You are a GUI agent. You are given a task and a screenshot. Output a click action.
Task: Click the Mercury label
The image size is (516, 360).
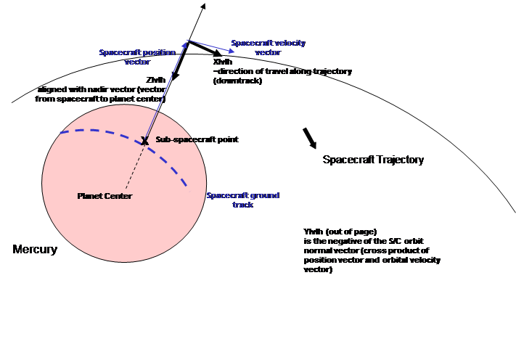point(35,249)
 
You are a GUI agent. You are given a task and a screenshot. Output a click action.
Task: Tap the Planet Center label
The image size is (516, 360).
point(105,196)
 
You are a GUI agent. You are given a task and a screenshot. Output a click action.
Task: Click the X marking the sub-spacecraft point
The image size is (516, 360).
point(144,141)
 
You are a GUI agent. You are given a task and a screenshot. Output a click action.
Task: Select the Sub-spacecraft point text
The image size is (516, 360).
point(197,139)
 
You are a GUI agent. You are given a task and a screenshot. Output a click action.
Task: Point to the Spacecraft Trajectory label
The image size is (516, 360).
point(373,160)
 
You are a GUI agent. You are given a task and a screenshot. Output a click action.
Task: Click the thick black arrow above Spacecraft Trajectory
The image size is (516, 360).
point(309,138)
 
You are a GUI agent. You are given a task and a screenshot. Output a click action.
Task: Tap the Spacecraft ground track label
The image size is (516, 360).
point(243,200)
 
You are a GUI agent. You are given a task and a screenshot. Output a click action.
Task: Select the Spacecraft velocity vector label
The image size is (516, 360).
point(269,48)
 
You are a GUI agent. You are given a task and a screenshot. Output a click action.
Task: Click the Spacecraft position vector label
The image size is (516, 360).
point(137,57)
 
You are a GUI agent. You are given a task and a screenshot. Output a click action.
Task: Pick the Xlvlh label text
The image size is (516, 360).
point(223,62)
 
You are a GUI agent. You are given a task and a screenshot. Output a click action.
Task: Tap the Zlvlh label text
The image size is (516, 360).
point(156,80)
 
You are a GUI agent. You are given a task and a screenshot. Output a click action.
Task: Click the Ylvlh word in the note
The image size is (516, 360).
point(313,232)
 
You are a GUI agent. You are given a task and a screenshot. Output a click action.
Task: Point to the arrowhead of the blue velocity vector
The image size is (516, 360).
point(232,51)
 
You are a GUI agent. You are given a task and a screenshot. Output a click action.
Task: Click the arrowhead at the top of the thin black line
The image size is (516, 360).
point(203,6)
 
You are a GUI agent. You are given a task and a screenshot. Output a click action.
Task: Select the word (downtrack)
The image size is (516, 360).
point(237,81)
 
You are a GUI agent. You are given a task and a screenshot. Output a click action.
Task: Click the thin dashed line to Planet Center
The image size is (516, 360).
point(135,167)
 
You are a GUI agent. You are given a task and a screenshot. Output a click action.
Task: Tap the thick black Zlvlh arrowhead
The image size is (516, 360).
point(175,76)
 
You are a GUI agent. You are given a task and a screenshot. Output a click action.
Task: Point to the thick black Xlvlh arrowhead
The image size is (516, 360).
point(218,53)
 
